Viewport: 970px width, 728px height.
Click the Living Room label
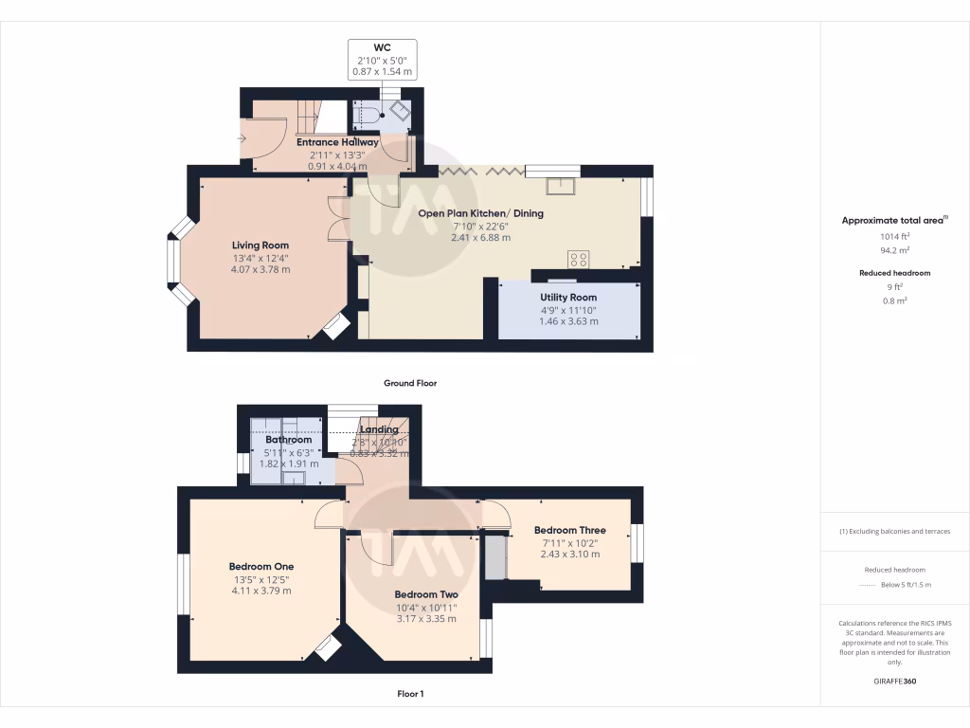click(260, 246)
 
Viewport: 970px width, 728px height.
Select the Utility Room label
click(568, 297)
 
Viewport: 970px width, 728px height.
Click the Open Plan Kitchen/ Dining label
click(481, 213)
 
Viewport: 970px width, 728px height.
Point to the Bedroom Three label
click(569, 530)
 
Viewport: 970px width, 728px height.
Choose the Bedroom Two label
click(425, 594)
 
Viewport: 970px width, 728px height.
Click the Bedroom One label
click(260, 567)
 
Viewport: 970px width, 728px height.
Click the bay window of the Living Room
click(175, 262)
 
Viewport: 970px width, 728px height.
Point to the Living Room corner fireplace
click(332, 328)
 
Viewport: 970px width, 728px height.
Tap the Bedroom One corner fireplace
click(328, 648)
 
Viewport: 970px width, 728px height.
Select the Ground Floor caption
click(409, 383)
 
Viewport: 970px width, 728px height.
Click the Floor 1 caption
click(409, 694)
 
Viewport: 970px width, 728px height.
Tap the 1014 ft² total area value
click(894, 238)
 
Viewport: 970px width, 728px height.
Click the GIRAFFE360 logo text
click(894, 681)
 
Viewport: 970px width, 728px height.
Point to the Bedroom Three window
click(637, 543)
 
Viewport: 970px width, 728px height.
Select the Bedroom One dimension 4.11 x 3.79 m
click(260, 591)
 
